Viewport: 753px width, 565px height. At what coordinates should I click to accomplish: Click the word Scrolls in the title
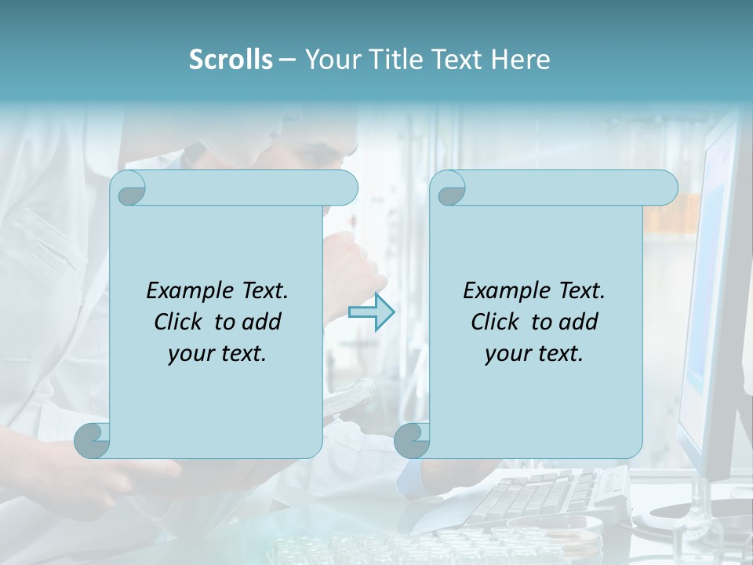(231, 60)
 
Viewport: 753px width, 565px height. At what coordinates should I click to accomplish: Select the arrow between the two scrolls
(372, 312)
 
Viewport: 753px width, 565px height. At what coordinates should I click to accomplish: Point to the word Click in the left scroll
(181, 322)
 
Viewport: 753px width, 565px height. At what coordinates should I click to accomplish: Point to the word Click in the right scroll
(498, 322)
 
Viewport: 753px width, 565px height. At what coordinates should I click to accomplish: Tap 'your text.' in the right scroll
(534, 354)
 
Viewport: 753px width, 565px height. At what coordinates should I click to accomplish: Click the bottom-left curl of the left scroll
(93, 440)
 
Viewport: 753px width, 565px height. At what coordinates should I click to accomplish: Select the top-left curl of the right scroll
(449, 189)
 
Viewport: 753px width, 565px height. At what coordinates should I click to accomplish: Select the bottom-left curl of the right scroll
(412, 440)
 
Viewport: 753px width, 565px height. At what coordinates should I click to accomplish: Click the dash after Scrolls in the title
(287, 60)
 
